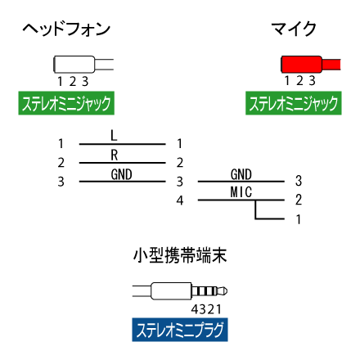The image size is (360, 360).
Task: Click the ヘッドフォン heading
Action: (66, 29)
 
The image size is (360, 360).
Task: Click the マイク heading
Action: (294, 29)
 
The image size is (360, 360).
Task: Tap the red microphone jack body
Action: (301, 65)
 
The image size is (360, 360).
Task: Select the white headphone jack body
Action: (74, 65)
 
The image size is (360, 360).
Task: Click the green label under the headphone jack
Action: (66, 103)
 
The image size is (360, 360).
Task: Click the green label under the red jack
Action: (294, 103)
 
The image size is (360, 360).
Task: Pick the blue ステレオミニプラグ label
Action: (180, 330)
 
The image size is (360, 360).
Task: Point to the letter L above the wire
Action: (114, 136)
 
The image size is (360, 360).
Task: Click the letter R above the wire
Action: (115, 155)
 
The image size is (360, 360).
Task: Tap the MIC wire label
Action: (241, 192)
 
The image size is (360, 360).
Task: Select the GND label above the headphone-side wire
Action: (121, 174)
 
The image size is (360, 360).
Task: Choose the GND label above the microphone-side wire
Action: (241, 174)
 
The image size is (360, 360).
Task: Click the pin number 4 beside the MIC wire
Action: (180, 200)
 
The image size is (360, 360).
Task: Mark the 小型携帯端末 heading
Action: (180, 255)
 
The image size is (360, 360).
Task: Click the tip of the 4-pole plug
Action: (226, 291)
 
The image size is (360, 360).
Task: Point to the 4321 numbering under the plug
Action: (206, 309)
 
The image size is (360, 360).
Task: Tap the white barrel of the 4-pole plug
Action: (171, 291)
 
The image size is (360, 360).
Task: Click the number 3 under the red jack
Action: (312, 81)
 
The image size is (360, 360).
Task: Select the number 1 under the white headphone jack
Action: (60, 81)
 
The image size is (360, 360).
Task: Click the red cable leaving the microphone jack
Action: (331, 65)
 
